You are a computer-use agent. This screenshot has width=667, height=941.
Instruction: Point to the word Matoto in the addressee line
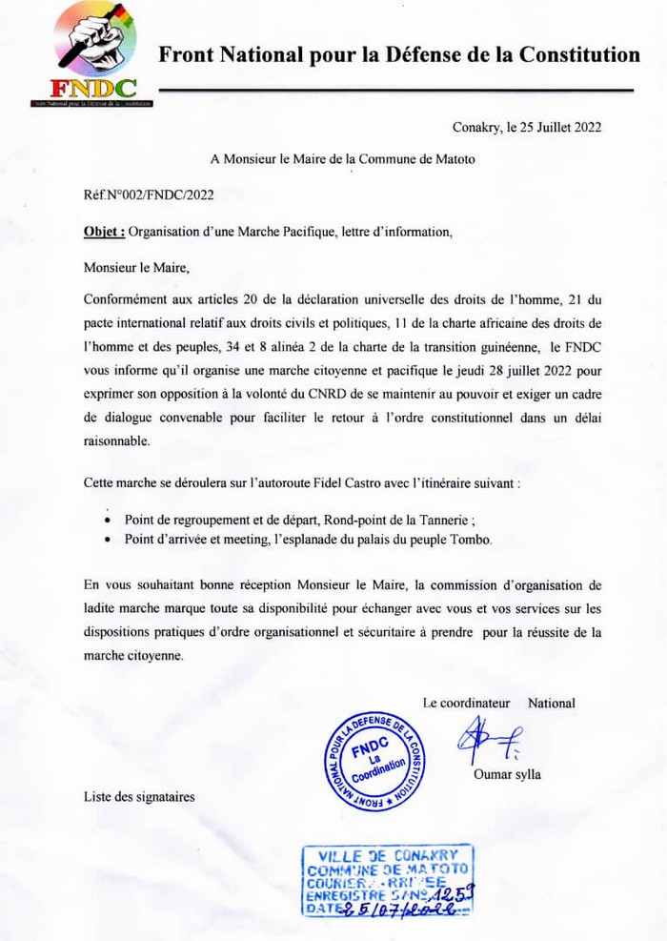454,159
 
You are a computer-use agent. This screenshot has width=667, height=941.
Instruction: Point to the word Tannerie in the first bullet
461,521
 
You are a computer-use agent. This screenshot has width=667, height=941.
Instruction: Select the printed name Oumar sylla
507,774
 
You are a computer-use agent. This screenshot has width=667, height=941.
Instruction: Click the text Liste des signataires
139,796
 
